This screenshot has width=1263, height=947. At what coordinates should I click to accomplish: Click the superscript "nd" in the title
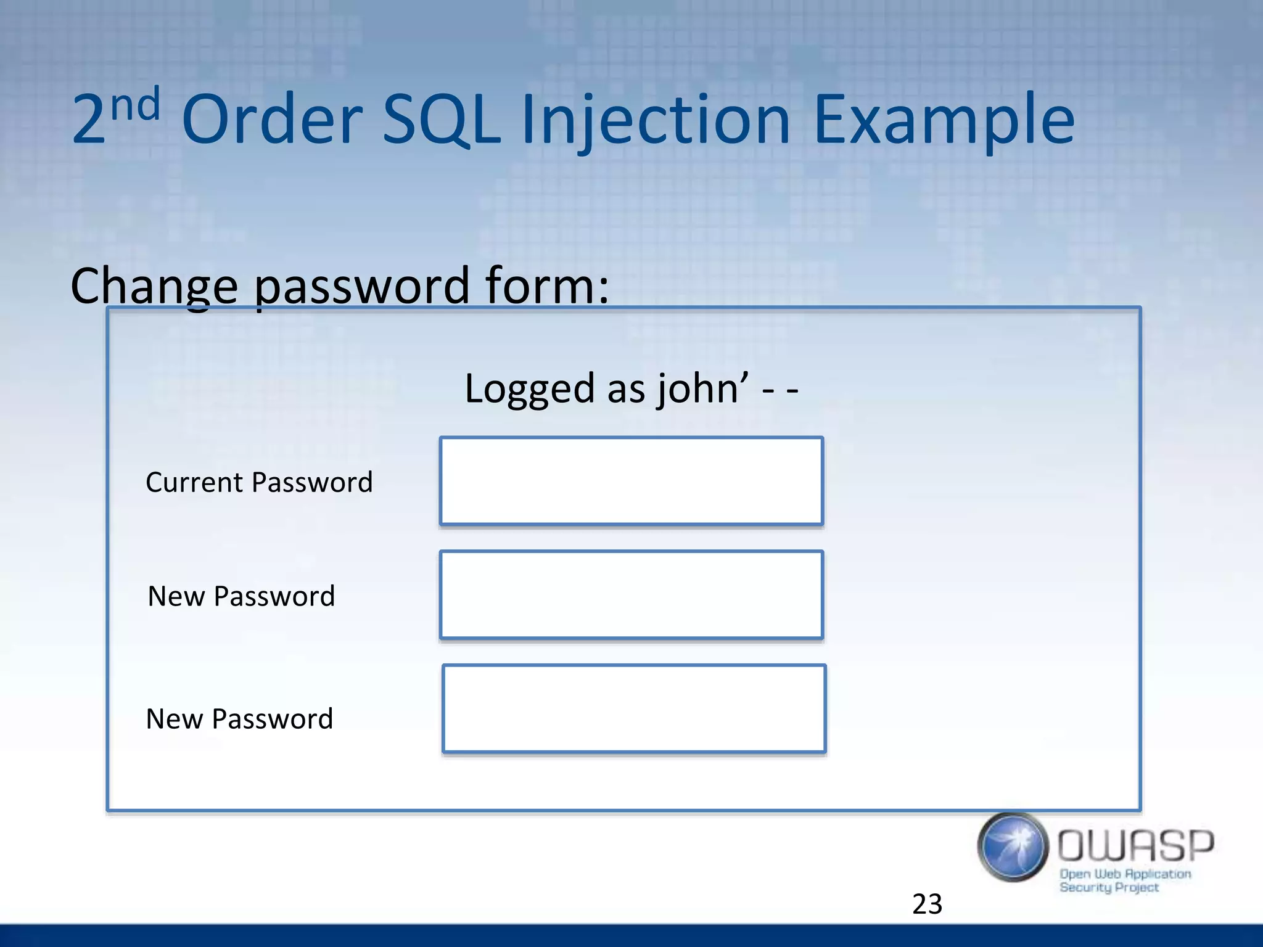tap(136, 105)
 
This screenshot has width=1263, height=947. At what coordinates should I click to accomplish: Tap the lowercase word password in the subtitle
tap(362, 287)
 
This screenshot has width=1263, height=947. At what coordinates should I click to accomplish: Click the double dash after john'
tap(780, 390)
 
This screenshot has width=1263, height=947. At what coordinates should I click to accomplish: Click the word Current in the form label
tap(195, 482)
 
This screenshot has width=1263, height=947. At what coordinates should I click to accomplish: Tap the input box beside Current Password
tap(631, 481)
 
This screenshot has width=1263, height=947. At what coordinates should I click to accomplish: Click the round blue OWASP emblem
tap(1012, 847)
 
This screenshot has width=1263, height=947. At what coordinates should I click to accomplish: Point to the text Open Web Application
tap(1125, 874)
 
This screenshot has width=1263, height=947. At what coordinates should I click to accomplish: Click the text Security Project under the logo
tap(1109, 887)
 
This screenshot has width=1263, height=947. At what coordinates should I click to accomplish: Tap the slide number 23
tap(927, 904)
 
